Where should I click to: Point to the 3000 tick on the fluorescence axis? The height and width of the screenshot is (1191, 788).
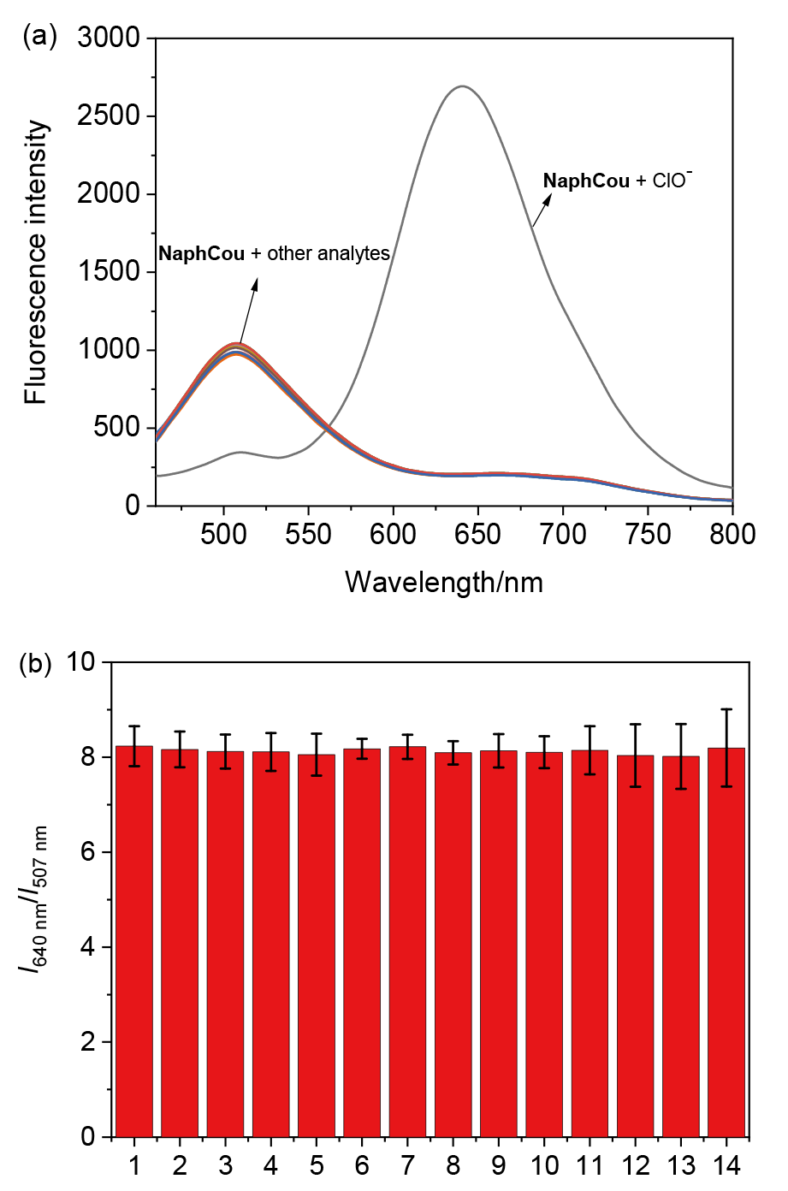pyautogui.click(x=109, y=38)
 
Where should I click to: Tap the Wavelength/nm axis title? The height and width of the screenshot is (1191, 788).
pyautogui.click(x=444, y=582)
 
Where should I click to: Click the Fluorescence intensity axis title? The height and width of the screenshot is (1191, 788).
pyautogui.click(x=36, y=262)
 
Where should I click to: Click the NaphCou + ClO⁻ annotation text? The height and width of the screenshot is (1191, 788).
pyautogui.click(x=618, y=181)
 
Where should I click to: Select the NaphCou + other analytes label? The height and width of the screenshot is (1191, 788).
pyautogui.click(x=274, y=253)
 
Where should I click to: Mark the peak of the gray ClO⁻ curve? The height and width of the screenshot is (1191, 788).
pyautogui.click(x=462, y=86)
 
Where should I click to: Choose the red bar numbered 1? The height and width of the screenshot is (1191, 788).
pyautogui.click(x=134, y=941)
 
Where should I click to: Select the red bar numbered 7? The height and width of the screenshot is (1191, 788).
pyautogui.click(x=407, y=941)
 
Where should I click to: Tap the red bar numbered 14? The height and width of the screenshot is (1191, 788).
pyautogui.click(x=726, y=941)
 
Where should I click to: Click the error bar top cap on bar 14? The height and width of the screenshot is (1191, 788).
pyautogui.click(x=726, y=709)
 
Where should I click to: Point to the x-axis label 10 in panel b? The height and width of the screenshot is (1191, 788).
pyautogui.click(x=543, y=1165)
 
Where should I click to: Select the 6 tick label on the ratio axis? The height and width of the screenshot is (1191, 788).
pyautogui.click(x=92, y=853)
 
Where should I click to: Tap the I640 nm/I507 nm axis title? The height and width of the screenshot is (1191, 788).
pyautogui.click(x=34, y=898)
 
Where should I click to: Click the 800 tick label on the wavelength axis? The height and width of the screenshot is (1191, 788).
pyautogui.click(x=733, y=534)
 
